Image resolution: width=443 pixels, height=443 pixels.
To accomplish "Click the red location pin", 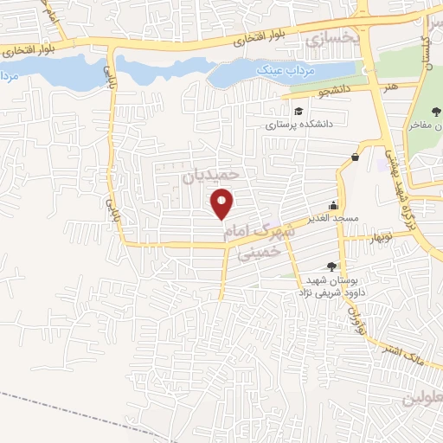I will click(223, 204).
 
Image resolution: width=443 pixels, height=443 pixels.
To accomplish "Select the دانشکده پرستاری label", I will click(299, 125).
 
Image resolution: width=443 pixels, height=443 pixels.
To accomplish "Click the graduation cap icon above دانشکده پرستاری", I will click(299, 111).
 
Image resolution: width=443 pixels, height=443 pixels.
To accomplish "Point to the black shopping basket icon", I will click(356, 157).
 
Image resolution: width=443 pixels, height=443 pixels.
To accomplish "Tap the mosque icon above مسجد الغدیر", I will click(333, 206).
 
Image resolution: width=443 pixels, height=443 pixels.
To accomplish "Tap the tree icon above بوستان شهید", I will click(331, 266).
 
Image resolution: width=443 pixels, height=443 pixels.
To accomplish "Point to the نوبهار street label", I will click(380, 234).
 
